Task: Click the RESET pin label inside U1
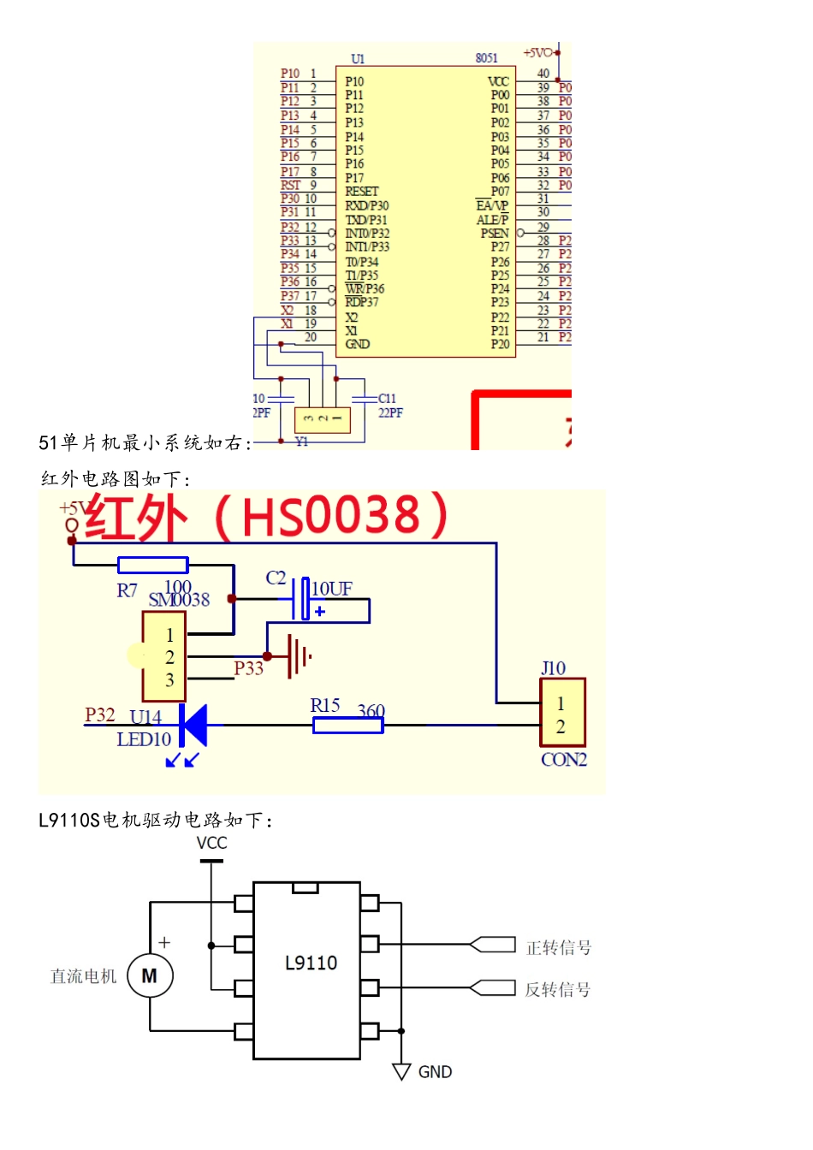(x=361, y=192)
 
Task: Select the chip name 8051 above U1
(x=486, y=58)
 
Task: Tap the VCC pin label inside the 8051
(x=498, y=81)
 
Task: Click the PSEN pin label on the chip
(x=495, y=233)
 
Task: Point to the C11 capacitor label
(x=387, y=399)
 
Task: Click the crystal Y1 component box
(x=323, y=419)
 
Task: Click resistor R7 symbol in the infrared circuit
(x=152, y=565)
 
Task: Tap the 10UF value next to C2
(x=332, y=589)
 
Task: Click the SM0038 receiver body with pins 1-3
(x=164, y=657)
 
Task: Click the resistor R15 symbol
(x=347, y=726)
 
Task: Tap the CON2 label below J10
(x=564, y=760)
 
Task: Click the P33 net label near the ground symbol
(x=248, y=668)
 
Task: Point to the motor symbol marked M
(x=150, y=975)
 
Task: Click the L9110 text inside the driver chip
(x=311, y=963)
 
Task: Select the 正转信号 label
(x=558, y=947)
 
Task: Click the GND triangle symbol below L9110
(x=401, y=1071)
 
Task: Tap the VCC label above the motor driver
(x=211, y=843)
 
